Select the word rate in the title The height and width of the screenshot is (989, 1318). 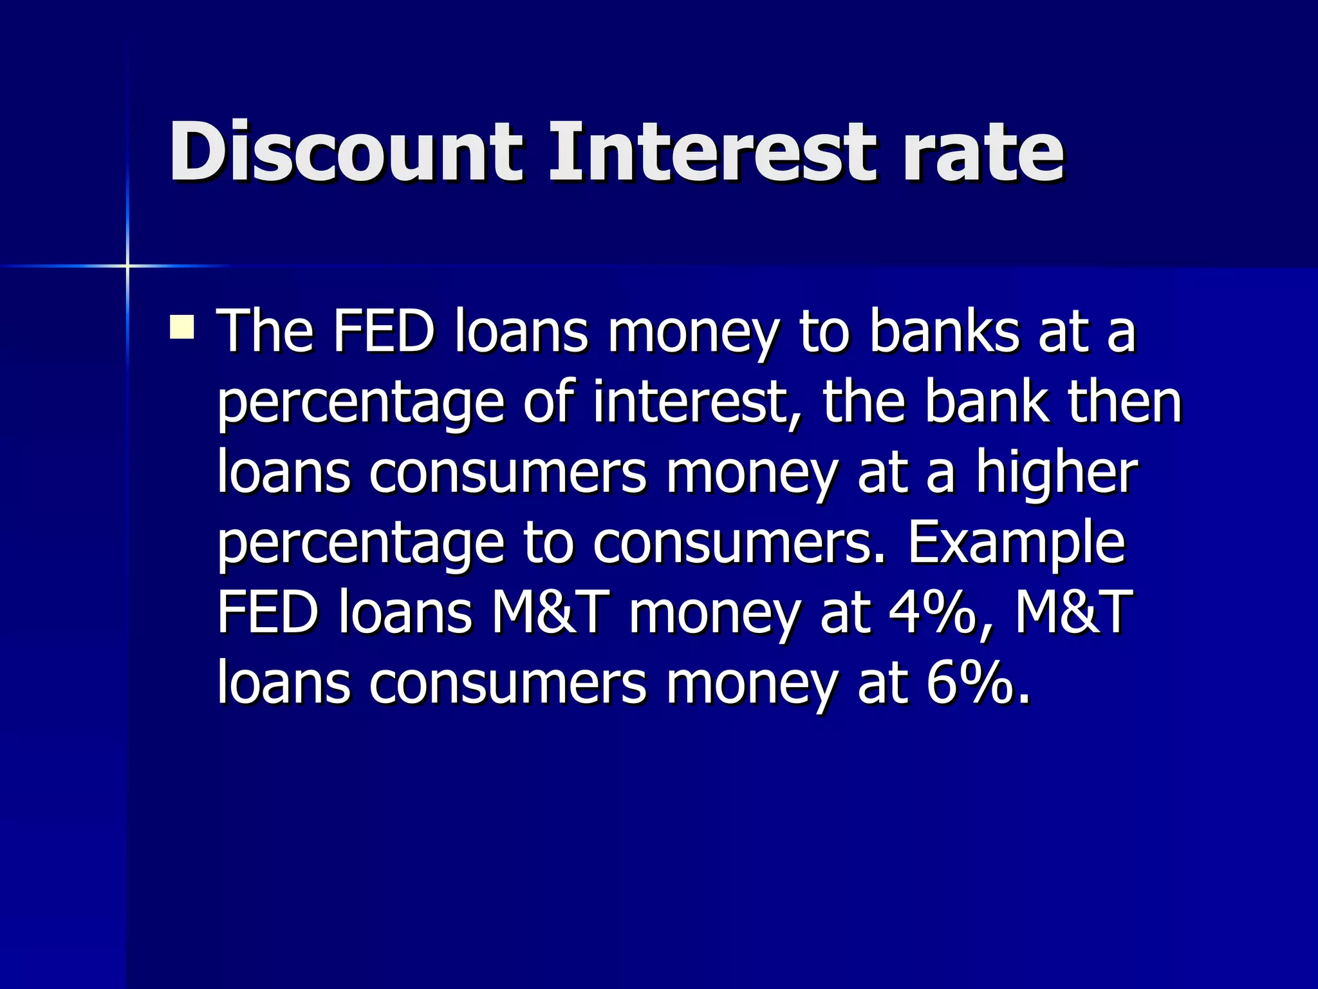(x=983, y=153)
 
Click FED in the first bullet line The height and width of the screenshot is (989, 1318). (x=384, y=332)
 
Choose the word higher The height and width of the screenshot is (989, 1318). (x=1057, y=473)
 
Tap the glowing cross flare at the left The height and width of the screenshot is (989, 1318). (x=127, y=265)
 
